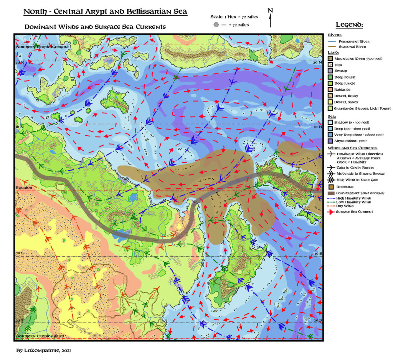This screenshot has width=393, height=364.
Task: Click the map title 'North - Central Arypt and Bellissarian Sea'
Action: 105,11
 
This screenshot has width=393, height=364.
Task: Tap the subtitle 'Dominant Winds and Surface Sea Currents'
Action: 95,27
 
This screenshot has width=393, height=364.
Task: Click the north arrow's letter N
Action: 270,11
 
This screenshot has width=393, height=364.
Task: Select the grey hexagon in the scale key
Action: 216,25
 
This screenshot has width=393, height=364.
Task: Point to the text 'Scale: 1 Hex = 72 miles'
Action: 234,17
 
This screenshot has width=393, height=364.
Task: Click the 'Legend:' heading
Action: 349,25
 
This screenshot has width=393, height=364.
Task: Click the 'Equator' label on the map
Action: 23,188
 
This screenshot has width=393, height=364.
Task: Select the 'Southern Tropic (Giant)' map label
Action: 40,336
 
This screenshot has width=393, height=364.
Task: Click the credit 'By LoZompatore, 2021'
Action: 43,350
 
